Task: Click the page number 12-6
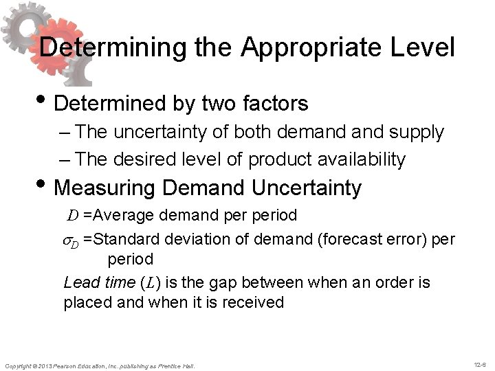point(478,363)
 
